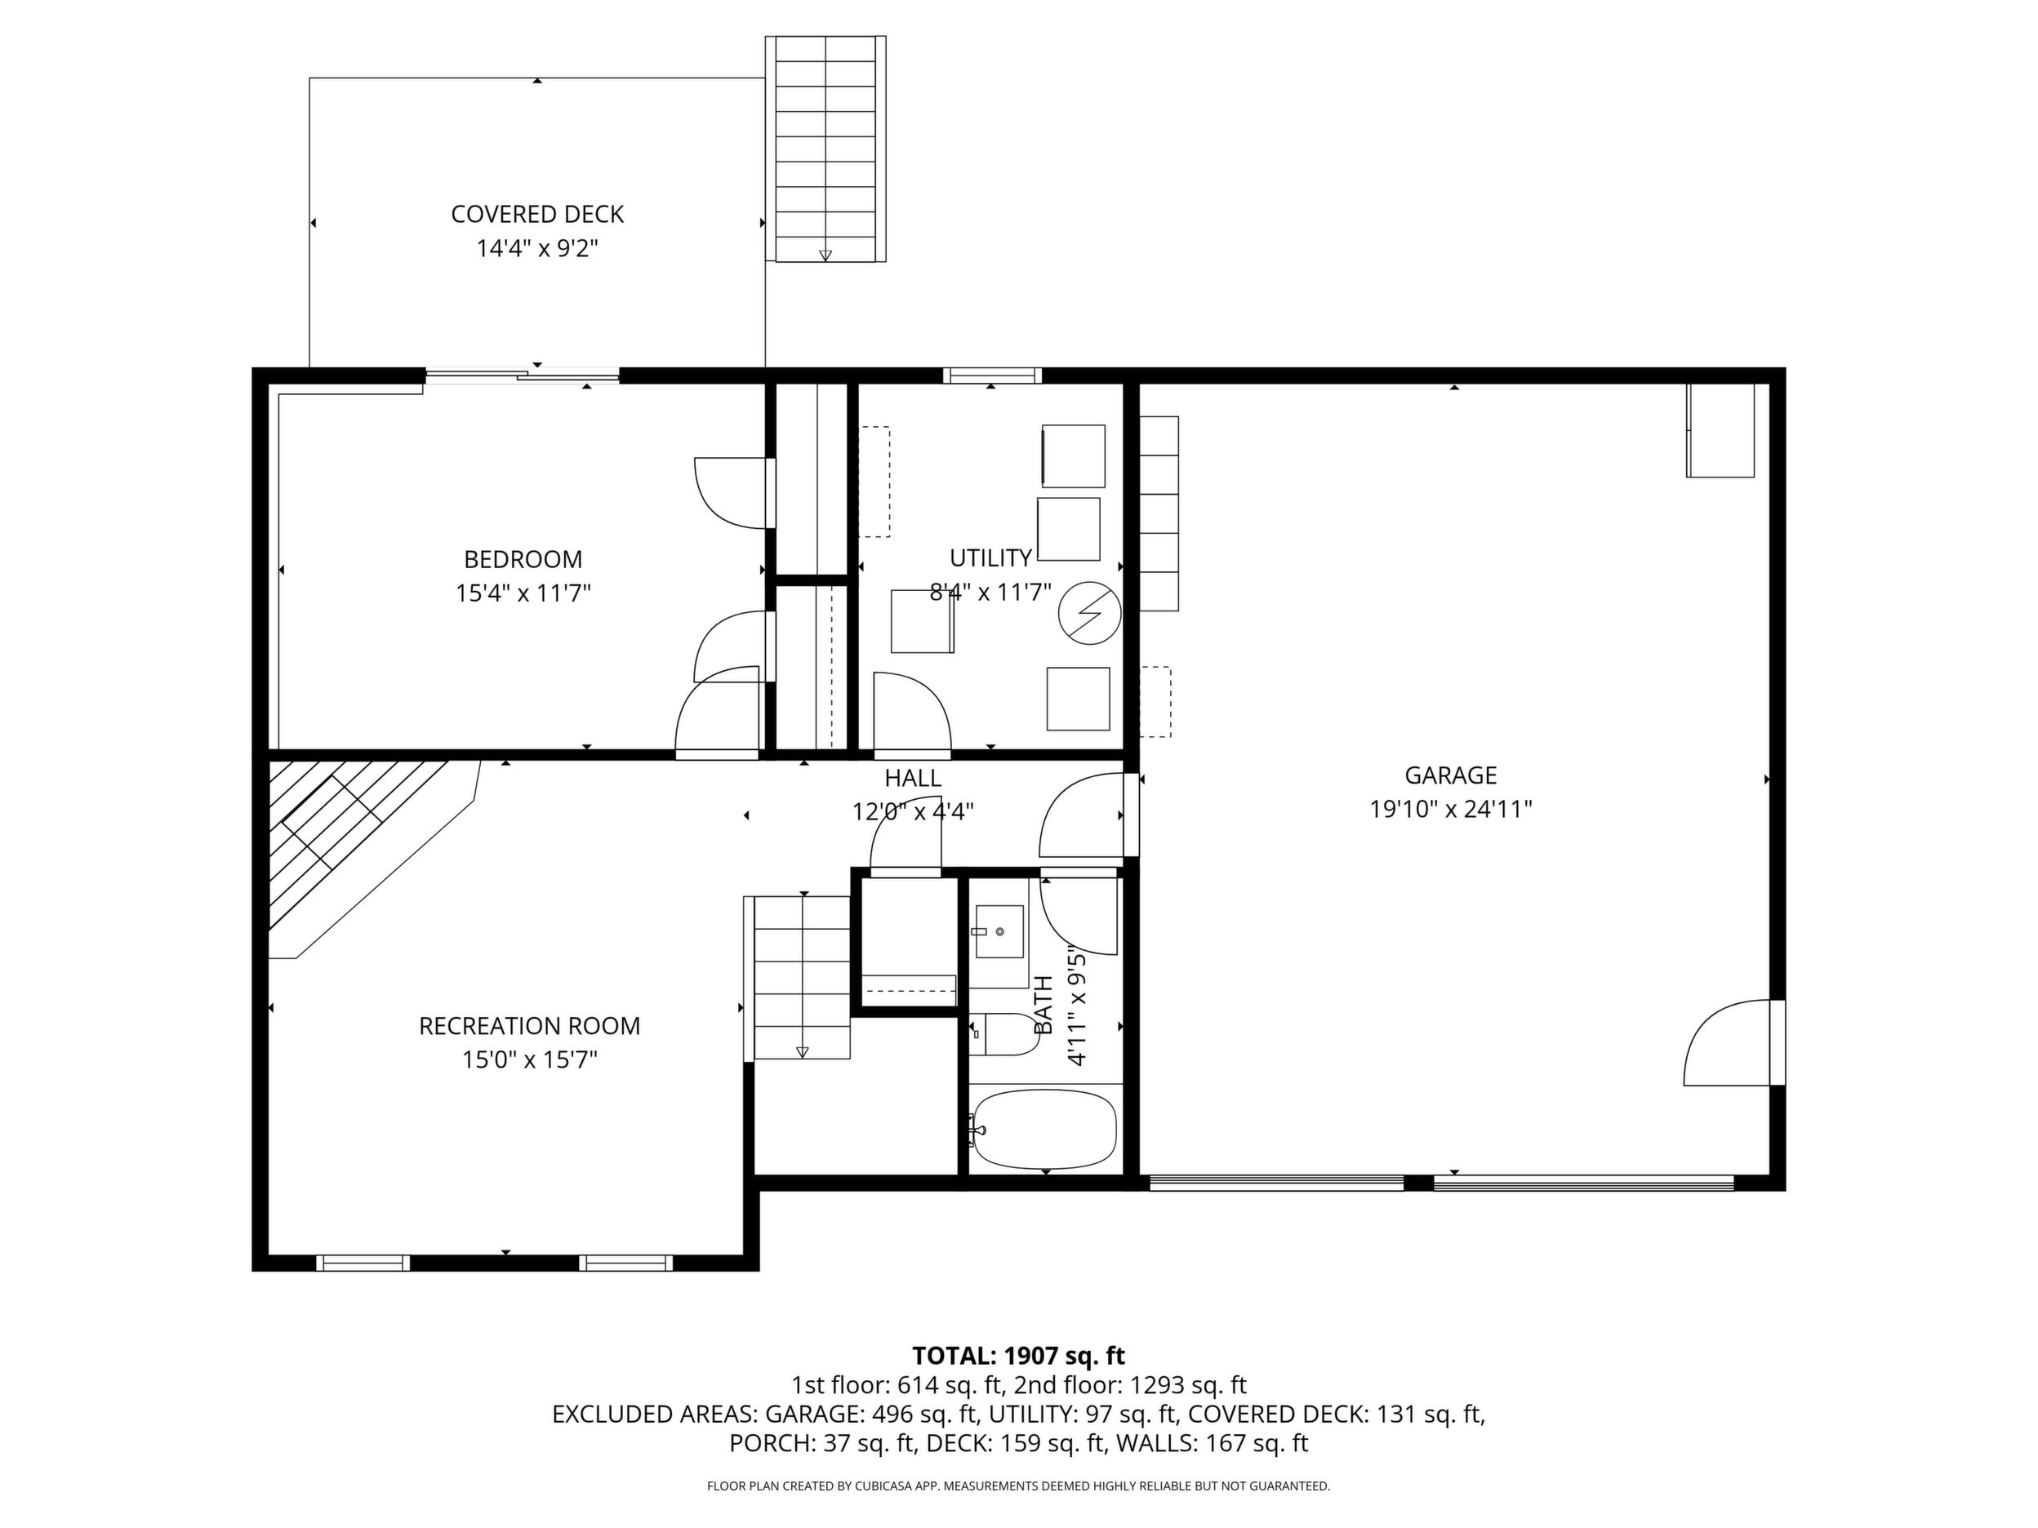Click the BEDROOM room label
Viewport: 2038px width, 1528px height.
click(523, 559)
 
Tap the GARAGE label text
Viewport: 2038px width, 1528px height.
click(1450, 775)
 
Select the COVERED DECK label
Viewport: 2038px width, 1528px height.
click(537, 215)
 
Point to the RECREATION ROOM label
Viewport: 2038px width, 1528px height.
click(529, 1026)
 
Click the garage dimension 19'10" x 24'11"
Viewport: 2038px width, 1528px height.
click(1450, 810)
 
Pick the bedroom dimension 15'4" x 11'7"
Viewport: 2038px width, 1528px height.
click(523, 593)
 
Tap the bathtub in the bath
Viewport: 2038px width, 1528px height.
click(1045, 1130)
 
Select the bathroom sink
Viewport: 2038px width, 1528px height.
click(999, 932)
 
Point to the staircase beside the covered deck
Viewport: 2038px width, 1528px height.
click(825, 149)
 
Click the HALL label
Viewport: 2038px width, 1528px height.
click(912, 778)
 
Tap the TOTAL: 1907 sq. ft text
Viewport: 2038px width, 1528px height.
click(1018, 1356)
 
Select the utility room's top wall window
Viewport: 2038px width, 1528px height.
click(991, 375)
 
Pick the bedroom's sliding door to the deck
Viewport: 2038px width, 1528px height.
click(522, 375)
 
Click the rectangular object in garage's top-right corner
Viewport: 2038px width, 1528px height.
click(1720, 430)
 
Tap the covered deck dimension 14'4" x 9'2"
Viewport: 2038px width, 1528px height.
click(537, 249)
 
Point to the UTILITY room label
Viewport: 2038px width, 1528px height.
click(990, 558)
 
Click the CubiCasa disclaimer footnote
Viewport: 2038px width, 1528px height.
click(1018, 1486)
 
